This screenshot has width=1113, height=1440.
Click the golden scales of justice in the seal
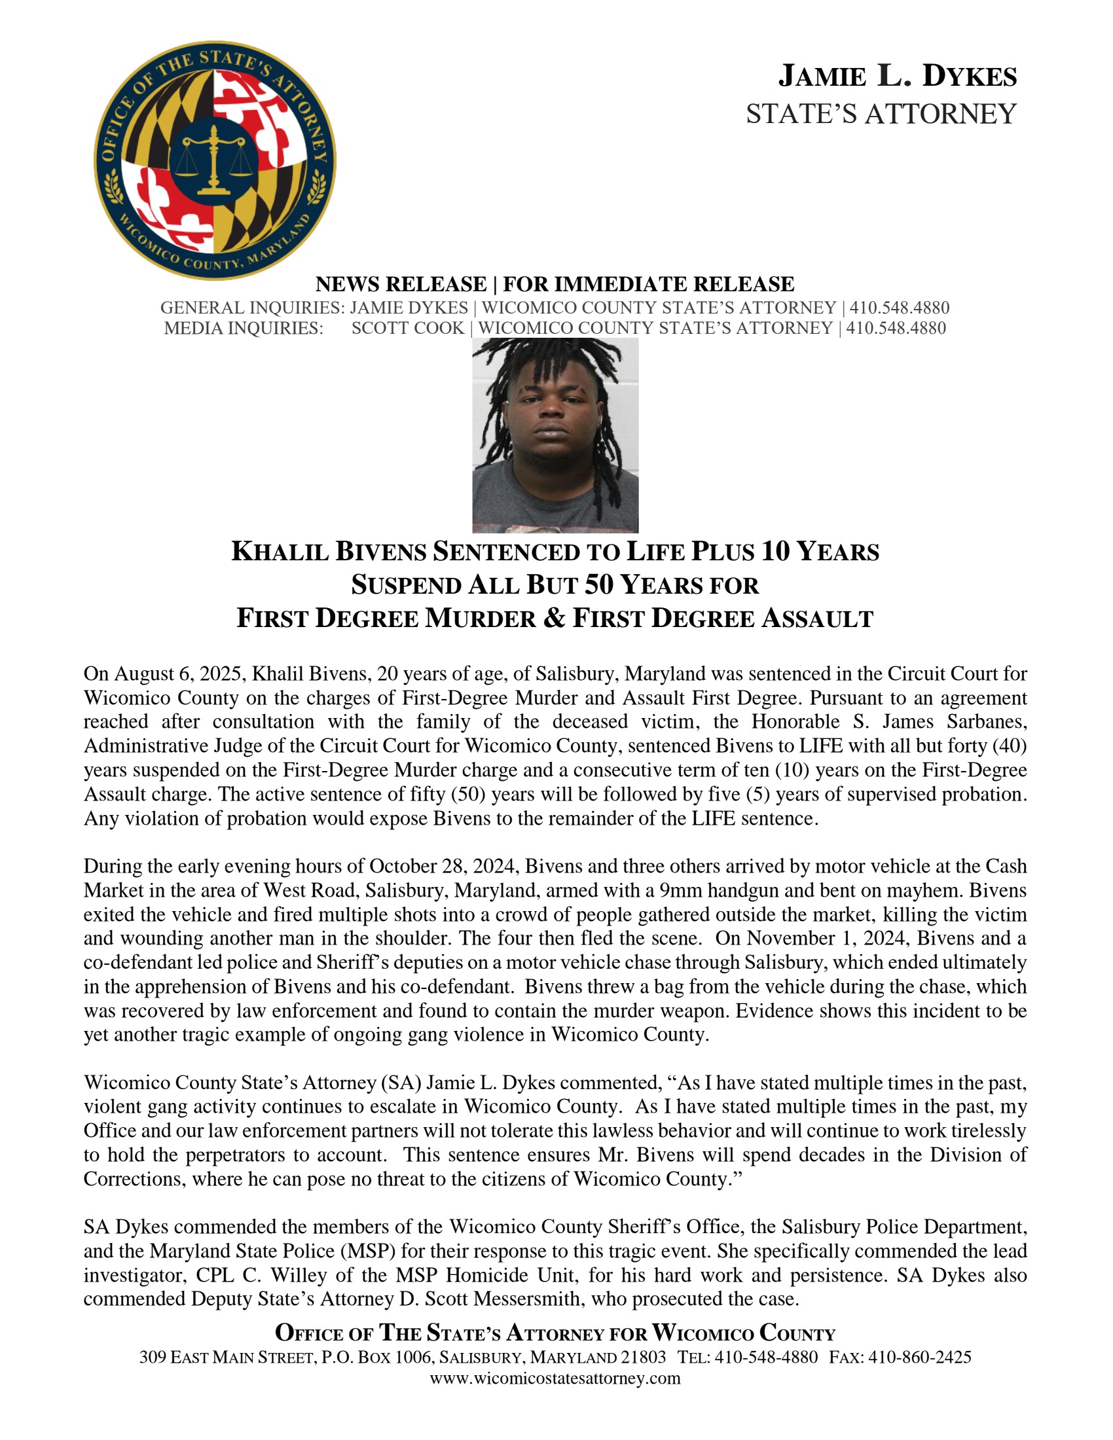click(213, 160)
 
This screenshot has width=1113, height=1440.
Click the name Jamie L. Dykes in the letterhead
click(898, 77)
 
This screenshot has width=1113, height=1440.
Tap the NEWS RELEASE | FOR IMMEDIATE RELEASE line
click(555, 284)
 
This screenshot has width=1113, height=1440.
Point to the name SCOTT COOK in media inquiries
click(407, 329)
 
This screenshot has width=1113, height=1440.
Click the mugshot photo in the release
click(555, 435)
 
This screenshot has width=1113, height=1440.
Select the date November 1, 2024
click(827, 938)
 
